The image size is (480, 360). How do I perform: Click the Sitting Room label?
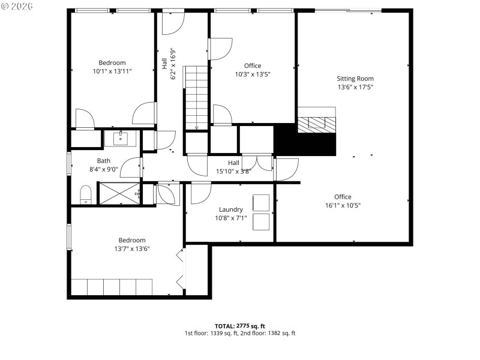point(355,79)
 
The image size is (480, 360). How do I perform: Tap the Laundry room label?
point(231,209)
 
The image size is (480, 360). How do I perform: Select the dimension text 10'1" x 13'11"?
point(112,71)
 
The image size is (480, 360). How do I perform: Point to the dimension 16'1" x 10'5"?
point(343,205)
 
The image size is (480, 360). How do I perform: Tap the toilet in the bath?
point(86,194)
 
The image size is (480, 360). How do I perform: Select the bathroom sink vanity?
point(122,139)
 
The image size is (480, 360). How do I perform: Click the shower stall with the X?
point(118,193)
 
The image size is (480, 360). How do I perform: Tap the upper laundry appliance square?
point(262,203)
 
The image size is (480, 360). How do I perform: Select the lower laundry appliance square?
point(262,221)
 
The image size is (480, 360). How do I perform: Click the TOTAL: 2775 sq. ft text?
point(239,325)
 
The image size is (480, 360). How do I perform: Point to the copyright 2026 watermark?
point(17,6)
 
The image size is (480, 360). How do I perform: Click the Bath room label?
point(104,161)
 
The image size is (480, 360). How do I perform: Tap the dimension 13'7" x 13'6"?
point(132,248)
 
